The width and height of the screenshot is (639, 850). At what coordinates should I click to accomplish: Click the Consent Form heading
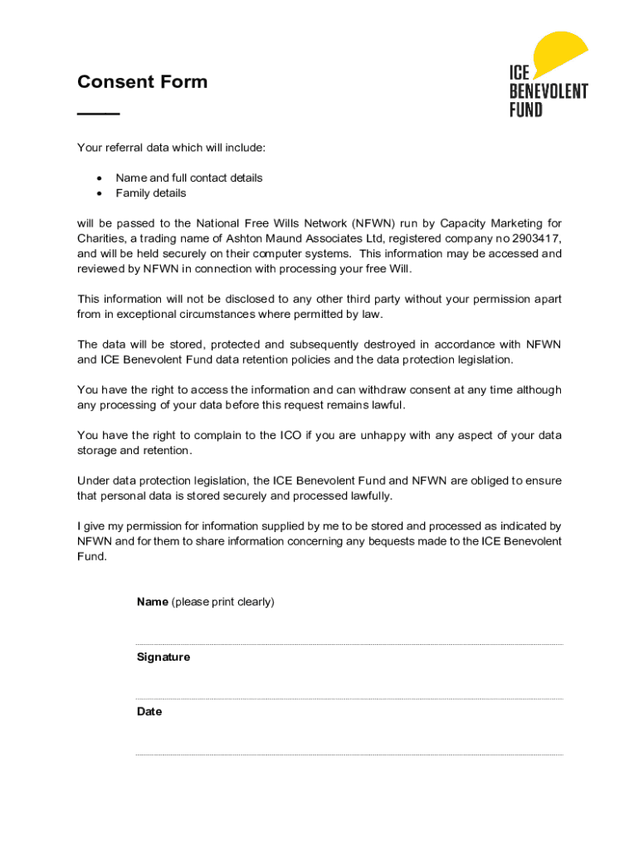(142, 81)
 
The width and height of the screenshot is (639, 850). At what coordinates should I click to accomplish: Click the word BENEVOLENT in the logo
(548, 91)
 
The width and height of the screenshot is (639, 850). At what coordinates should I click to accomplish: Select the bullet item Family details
(151, 193)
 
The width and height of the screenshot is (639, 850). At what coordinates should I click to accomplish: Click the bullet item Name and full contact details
(188, 178)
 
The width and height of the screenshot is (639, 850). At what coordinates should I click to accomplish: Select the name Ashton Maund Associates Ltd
(311, 239)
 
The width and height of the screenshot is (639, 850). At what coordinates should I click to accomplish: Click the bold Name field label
(153, 602)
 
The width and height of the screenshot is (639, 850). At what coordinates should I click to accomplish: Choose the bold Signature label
(163, 657)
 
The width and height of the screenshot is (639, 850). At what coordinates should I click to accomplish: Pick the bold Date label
(149, 712)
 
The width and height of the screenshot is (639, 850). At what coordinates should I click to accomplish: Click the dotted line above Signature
(349, 644)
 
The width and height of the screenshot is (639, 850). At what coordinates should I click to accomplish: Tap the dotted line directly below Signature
(349, 699)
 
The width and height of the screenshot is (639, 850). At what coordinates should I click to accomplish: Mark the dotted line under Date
(349, 755)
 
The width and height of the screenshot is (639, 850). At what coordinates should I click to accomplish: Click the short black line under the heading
(98, 113)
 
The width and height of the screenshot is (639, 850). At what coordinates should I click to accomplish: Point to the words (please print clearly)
(222, 602)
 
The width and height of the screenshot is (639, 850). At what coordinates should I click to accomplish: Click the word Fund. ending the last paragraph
(92, 556)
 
